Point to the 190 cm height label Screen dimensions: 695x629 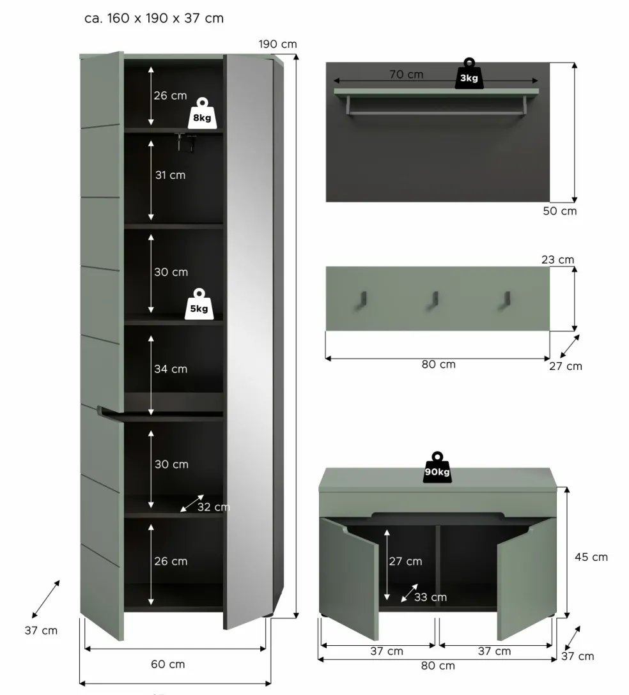click(x=277, y=44)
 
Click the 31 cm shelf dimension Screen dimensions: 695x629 click(x=170, y=174)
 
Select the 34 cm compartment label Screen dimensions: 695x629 click(x=171, y=369)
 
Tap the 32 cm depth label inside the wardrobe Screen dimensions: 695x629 click(x=213, y=507)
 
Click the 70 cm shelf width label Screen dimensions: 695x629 click(x=407, y=74)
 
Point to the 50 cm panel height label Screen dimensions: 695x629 click(x=559, y=211)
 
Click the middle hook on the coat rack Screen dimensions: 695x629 click(x=435, y=299)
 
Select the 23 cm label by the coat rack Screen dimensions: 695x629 click(x=557, y=259)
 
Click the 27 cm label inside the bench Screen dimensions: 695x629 click(x=405, y=561)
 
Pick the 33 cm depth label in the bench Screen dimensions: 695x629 click(x=430, y=597)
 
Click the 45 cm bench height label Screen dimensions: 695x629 click(x=591, y=557)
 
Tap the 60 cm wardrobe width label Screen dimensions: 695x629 click(x=167, y=664)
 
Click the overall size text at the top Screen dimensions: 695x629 click(x=154, y=18)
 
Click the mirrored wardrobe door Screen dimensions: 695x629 click(x=249, y=339)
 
